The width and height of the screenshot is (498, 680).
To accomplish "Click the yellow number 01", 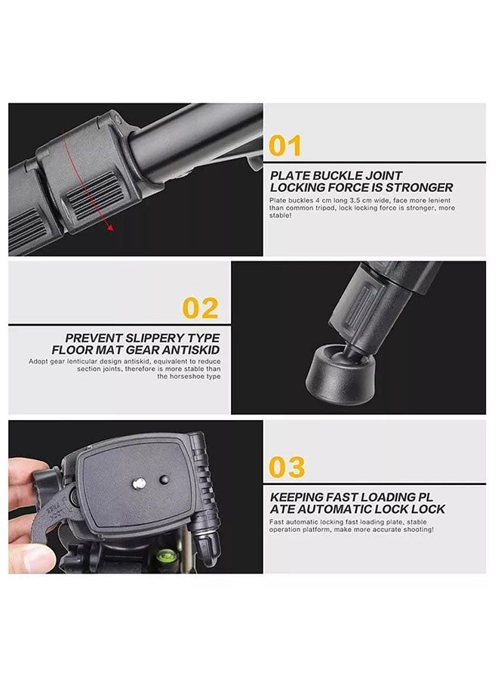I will pyautogui.click(x=285, y=144).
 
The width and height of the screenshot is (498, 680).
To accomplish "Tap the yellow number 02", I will pyautogui.click(x=201, y=308).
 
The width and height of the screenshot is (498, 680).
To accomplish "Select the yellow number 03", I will pyautogui.click(x=287, y=468).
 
